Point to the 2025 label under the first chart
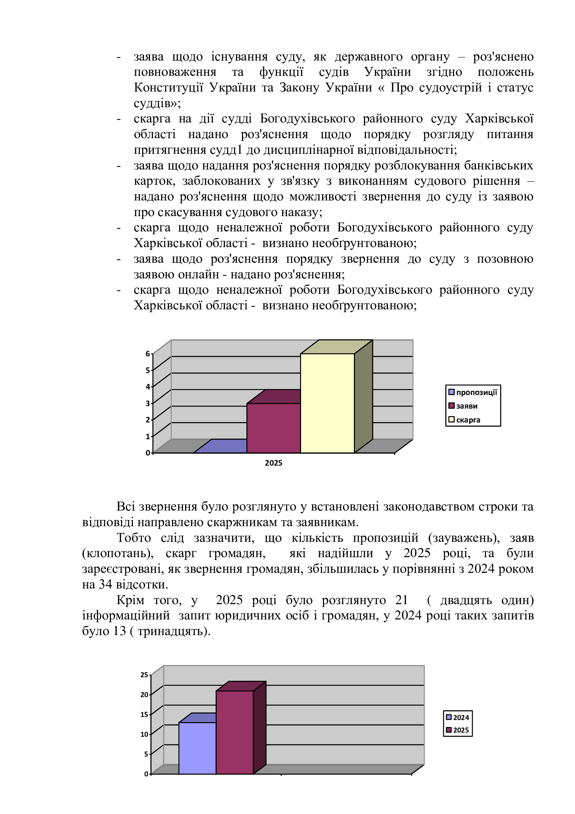(x=273, y=463)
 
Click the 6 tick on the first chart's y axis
(x=148, y=354)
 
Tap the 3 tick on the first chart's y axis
(x=148, y=403)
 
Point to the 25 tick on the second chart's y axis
(x=144, y=675)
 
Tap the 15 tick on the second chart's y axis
(x=144, y=714)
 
